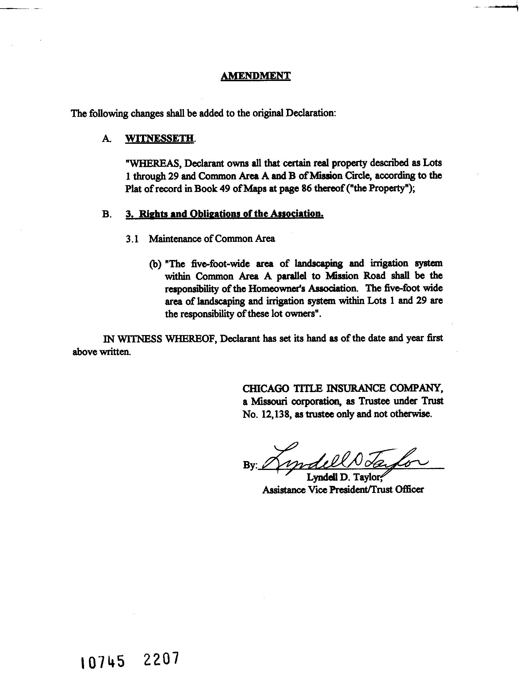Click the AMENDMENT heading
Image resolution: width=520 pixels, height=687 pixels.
click(x=255, y=76)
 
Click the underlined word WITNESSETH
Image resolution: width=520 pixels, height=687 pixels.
click(x=159, y=138)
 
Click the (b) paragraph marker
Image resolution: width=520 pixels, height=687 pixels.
click(x=155, y=264)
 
